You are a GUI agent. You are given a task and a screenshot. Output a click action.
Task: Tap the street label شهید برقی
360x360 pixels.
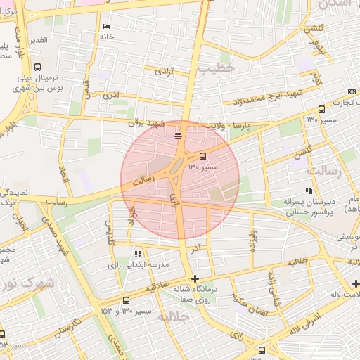click(145, 122)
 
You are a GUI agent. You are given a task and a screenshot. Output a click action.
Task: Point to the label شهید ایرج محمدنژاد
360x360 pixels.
click(261, 96)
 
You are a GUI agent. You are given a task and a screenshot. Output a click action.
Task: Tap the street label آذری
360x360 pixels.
click(111, 94)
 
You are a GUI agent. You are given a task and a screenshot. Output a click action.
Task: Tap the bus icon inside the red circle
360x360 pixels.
click(203, 156)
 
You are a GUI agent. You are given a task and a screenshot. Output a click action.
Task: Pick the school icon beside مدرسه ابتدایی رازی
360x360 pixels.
click(138, 253)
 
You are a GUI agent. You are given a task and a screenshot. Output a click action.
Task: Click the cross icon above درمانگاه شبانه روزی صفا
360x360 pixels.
click(195, 279)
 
